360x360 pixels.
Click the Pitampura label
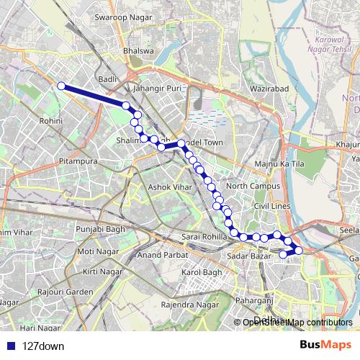click(78, 161)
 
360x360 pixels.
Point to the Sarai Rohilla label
click(205, 237)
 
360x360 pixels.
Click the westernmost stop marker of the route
click(61, 86)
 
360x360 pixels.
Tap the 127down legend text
click(43, 346)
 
